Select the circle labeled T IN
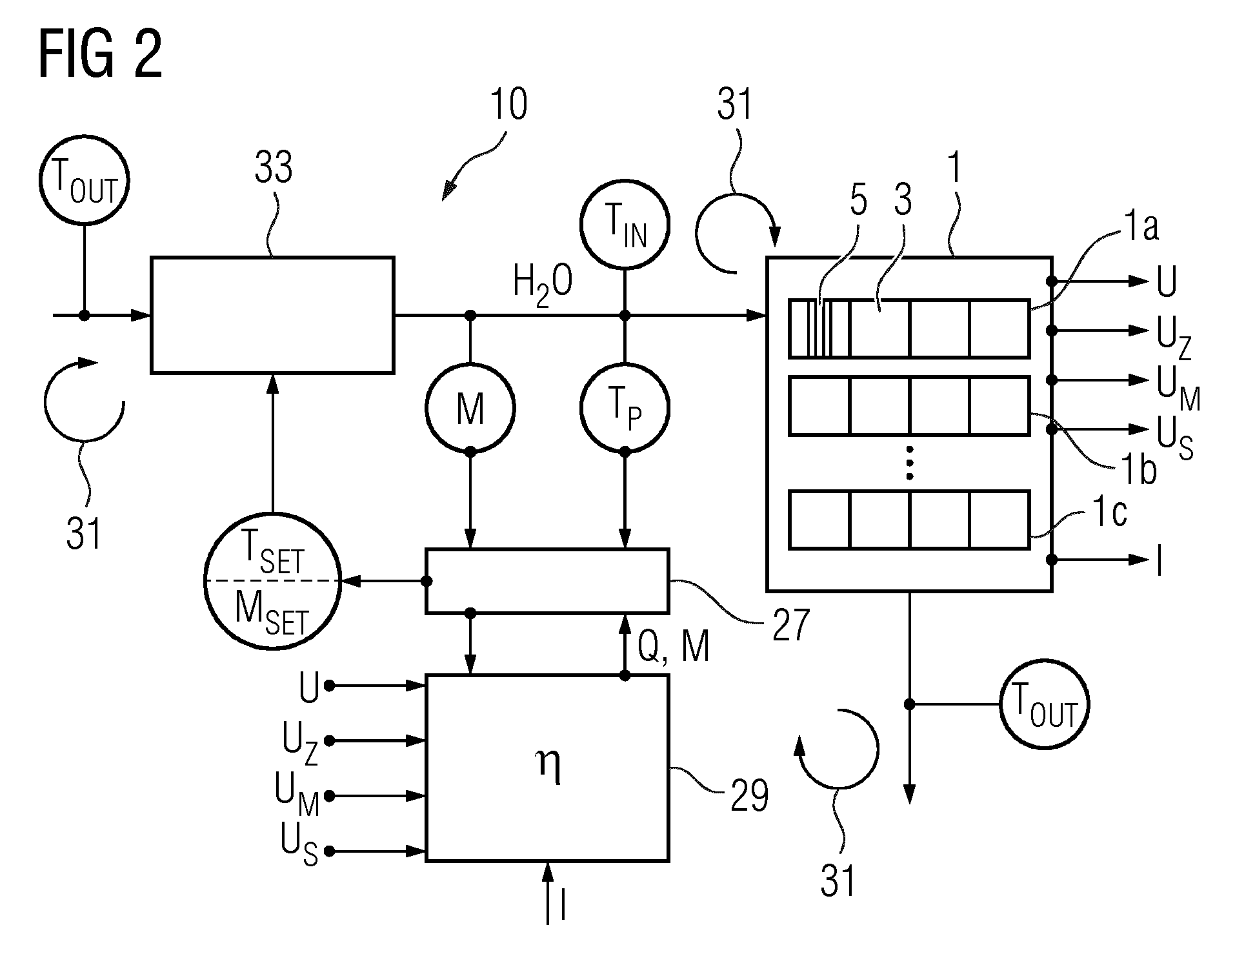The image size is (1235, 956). coord(625,224)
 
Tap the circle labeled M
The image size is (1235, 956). coord(470,407)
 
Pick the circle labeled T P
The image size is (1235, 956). coord(625,407)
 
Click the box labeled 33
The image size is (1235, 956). coord(272,315)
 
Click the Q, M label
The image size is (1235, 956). coord(674,646)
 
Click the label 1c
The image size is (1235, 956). coord(1109,514)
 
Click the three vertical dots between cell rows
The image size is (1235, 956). coord(909,462)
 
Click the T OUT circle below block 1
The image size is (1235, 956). coord(1044,704)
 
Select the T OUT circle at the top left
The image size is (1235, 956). coord(84,181)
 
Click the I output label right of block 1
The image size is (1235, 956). coord(1160,560)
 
